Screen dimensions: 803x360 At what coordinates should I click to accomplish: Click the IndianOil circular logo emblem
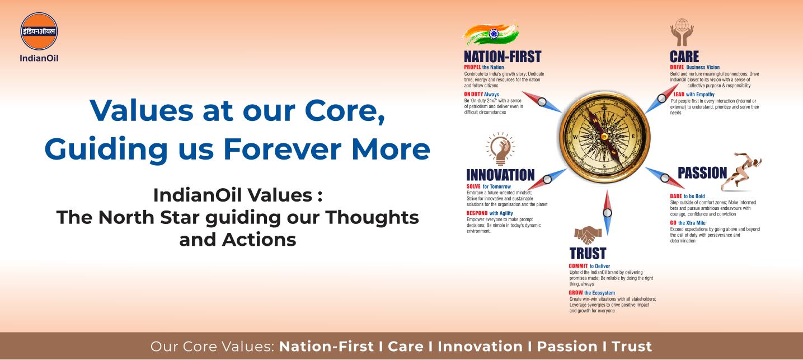tap(39, 31)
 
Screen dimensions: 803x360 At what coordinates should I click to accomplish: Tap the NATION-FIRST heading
tap(503, 57)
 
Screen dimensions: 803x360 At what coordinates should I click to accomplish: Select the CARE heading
tap(684, 57)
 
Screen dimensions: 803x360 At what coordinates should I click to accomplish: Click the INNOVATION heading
tap(500, 175)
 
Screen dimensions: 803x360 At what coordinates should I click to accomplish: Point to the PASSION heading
tap(702, 173)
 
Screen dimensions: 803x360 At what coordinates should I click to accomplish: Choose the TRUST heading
tap(588, 254)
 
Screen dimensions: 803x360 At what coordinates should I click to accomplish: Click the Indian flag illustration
tap(491, 34)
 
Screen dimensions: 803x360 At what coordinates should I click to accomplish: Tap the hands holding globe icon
tap(682, 32)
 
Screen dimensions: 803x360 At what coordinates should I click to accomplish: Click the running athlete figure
tap(741, 171)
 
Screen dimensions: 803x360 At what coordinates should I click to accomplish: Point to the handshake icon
tap(588, 235)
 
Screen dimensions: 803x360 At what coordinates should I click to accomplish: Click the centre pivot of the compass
tap(604, 136)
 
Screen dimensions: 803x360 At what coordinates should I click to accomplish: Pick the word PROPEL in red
tap(472, 67)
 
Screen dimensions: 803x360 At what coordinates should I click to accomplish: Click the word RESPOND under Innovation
tap(477, 213)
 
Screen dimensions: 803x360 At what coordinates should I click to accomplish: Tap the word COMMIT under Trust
tap(578, 266)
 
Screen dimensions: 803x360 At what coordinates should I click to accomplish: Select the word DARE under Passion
tap(676, 196)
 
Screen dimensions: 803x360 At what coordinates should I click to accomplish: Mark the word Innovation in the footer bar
tap(480, 347)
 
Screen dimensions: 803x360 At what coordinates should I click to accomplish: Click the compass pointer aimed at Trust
tap(607, 213)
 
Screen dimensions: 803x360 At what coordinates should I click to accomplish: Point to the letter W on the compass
tap(576, 137)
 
